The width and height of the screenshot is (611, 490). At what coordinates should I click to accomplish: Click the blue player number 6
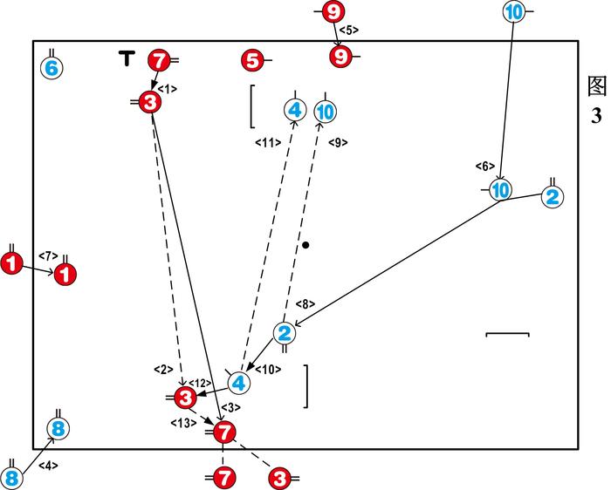click(x=51, y=67)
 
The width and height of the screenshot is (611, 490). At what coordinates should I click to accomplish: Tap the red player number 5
click(x=251, y=60)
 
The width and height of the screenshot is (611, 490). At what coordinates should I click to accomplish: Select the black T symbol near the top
click(x=127, y=58)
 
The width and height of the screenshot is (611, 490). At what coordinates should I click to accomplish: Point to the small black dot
click(x=305, y=245)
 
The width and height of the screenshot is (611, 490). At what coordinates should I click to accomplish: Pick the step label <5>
click(x=348, y=31)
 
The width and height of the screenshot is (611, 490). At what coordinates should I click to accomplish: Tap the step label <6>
click(x=485, y=167)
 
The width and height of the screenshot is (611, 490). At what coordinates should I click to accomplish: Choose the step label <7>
click(x=48, y=255)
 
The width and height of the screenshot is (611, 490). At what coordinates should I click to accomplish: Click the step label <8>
click(x=305, y=304)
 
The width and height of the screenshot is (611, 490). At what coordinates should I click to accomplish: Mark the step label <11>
click(x=266, y=142)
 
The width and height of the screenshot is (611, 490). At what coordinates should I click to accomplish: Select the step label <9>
click(x=338, y=142)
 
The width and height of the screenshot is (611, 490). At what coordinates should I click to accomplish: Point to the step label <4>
click(x=48, y=466)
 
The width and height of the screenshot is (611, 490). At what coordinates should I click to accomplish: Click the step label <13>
click(x=182, y=423)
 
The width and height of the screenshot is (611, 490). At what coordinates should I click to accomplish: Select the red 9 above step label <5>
click(x=333, y=12)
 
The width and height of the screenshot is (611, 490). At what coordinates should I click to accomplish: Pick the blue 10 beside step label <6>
click(x=500, y=189)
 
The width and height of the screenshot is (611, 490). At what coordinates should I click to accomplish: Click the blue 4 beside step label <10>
click(x=239, y=381)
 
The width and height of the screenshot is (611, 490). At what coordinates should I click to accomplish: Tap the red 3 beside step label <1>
click(x=150, y=103)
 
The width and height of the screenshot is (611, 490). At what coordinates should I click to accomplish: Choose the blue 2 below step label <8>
click(x=285, y=332)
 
